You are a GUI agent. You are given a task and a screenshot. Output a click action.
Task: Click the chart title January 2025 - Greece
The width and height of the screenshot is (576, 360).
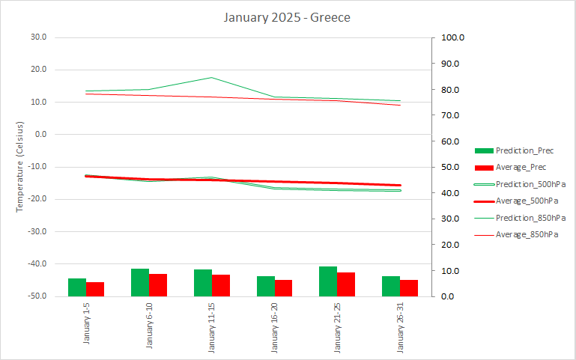[x=287, y=16]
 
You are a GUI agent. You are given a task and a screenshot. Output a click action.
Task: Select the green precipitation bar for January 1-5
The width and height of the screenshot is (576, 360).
[x=77, y=287]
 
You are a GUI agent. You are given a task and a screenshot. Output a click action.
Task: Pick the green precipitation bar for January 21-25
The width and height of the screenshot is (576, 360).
[x=328, y=281]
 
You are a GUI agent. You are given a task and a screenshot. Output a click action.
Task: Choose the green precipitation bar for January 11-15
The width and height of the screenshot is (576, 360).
[x=203, y=283]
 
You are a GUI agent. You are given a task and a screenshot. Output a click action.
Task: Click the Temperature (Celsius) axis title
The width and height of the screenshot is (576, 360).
[x=21, y=166]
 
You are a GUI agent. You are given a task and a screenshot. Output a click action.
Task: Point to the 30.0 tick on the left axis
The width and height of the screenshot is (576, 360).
[x=37, y=37]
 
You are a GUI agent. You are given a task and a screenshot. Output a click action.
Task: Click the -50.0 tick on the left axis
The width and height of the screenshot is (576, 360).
[x=36, y=296]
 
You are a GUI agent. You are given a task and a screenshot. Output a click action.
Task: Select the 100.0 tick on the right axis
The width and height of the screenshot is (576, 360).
[x=455, y=37]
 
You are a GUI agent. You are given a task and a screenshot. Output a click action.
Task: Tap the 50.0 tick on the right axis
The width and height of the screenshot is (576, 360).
[x=452, y=167]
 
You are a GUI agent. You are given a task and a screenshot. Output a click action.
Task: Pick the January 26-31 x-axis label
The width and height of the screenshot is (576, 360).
[x=400, y=327]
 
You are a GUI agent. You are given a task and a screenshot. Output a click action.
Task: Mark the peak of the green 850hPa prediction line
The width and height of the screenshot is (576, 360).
[x=212, y=77]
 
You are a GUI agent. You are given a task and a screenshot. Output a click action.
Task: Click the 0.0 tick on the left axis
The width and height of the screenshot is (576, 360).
[x=39, y=135]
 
